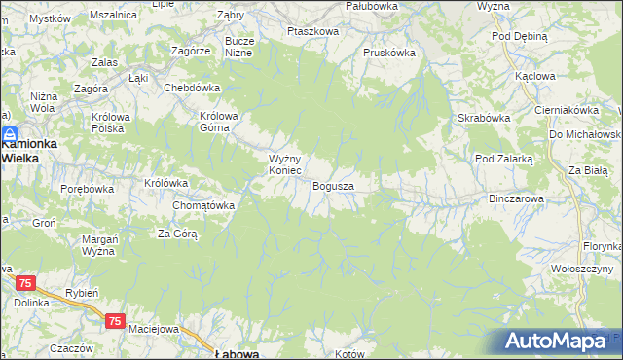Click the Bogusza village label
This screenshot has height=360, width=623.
tap(333, 185)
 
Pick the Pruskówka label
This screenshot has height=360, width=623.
tap(389, 53)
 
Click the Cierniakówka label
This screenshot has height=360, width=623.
tap(566, 111)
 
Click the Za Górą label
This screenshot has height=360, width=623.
tap(178, 234)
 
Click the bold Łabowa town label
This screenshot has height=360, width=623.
tap(237, 354)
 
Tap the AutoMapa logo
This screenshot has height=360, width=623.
tap(555, 342)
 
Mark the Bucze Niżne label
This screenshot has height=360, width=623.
tap(239, 47)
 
